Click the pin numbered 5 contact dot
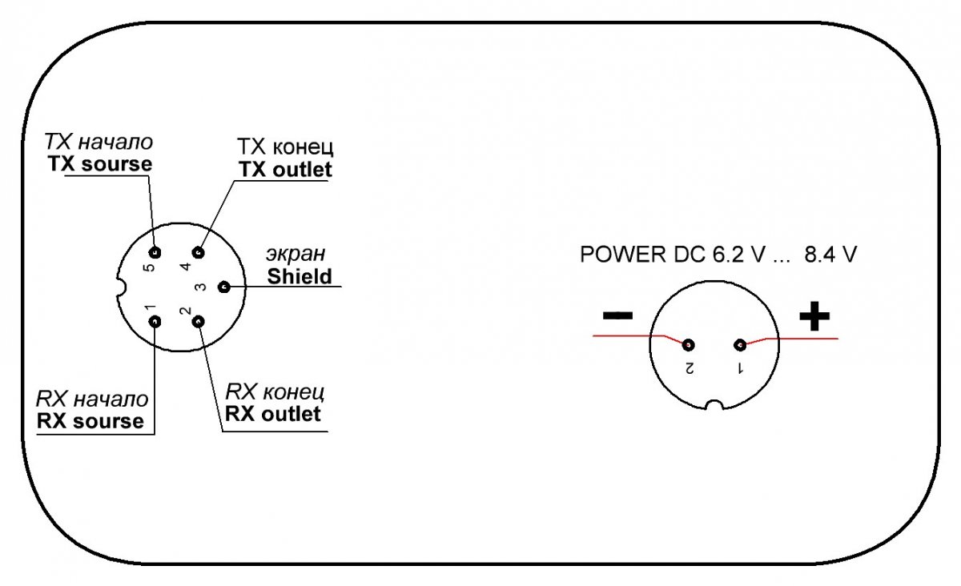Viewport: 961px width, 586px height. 155,253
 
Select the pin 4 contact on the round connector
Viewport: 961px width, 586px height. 199,253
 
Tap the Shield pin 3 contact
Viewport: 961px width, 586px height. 223,287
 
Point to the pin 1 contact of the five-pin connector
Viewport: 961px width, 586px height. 155,322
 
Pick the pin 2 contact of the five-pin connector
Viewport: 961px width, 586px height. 199,322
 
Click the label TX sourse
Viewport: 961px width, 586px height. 99,164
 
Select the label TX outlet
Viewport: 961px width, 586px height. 284,170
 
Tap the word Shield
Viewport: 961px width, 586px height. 300,276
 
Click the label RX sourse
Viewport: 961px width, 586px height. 90,420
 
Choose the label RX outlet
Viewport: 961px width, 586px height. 273,413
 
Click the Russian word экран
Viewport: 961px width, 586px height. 296,255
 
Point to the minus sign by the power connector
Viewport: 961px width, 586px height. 617,315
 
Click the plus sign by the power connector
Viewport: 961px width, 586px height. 814,318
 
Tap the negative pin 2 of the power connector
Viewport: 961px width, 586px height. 687,345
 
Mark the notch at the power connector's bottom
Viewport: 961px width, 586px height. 715,404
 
